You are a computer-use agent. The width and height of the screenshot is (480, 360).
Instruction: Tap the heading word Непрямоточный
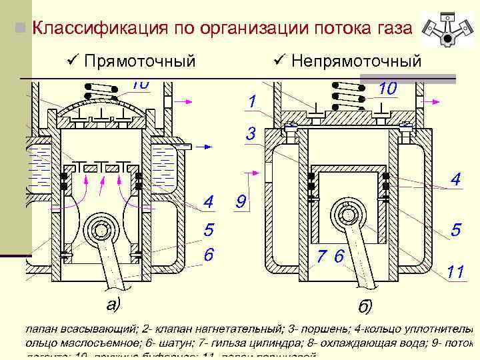[x=357, y=61]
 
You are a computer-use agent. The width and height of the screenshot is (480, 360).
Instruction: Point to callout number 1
[x=251, y=102]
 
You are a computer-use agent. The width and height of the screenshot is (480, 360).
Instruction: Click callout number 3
[x=251, y=134]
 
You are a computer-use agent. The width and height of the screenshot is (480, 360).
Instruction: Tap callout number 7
[x=321, y=256]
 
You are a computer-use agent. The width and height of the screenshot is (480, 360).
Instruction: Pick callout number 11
[x=455, y=271]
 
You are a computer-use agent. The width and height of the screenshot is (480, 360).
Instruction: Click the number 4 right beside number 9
[x=209, y=201]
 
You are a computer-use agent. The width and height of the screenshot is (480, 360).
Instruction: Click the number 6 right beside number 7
[x=339, y=256]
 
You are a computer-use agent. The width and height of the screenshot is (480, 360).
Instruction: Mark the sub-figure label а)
[x=115, y=304]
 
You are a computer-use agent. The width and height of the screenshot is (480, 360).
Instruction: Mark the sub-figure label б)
[x=365, y=307]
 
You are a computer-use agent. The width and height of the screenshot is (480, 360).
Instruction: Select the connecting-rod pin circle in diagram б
[x=349, y=215]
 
